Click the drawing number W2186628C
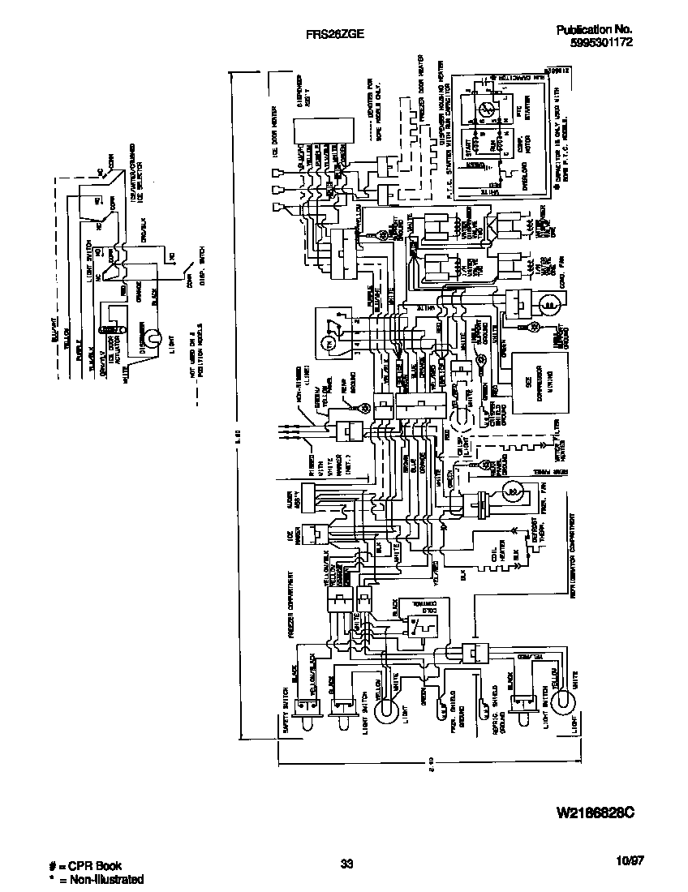[x=595, y=811]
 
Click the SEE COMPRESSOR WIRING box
[x=536, y=377]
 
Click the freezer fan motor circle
[x=512, y=490]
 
